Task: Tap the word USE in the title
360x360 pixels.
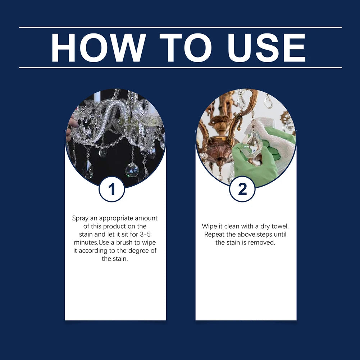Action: click(x=266, y=48)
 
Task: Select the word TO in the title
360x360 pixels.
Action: click(x=186, y=48)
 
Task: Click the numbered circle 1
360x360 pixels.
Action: click(x=112, y=189)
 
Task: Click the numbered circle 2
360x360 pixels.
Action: click(x=242, y=189)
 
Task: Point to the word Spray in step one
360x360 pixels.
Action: click(x=80, y=218)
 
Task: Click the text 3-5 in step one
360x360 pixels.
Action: click(x=145, y=234)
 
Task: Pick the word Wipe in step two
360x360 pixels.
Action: click(x=209, y=226)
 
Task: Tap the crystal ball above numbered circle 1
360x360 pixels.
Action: click(x=132, y=170)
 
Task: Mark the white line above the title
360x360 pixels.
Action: click(x=181, y=27)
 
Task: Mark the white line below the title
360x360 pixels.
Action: click(x=181, y=68)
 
